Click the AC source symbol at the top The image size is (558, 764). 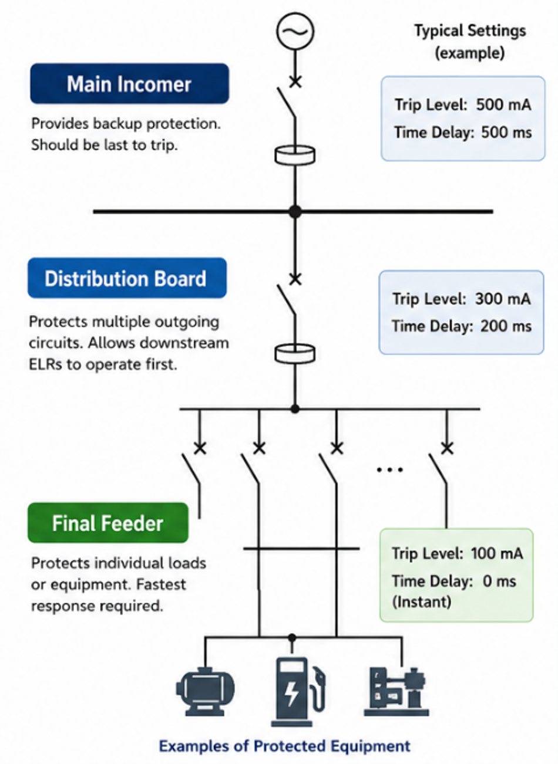click(x=295, y=31)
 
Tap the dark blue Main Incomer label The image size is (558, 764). click(x=129, y=83)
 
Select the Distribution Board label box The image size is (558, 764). click(x=127, y=278)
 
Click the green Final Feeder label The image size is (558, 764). click(x=108, y=523)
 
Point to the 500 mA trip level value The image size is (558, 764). click(x=504, y=104)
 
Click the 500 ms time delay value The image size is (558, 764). click(x=506, y=133)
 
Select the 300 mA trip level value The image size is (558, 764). click(x=503, y=299)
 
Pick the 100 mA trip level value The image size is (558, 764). click(x=497, y=553)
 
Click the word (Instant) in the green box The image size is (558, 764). click(x=422, y=601)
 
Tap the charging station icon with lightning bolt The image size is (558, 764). click(x=298, y=691)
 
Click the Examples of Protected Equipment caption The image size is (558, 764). click(x=284, y=746)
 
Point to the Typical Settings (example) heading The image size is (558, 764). click(x=470, y=42)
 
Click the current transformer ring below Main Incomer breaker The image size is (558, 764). click(x=295, y=155)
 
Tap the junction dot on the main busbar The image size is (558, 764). click(x=295, y=212)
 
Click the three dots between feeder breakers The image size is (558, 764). click(x=389, y=469)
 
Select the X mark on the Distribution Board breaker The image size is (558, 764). click(x=295, y=279)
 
